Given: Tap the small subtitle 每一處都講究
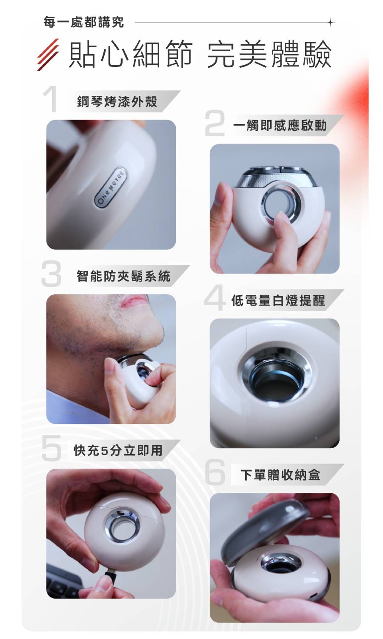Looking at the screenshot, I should (83, 22).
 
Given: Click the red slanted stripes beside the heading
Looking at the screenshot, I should (48, 55).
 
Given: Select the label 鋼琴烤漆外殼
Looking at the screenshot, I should (117, 101).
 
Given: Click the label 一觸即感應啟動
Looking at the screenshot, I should (280, 125).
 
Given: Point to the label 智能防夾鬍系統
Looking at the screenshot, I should (123, 276).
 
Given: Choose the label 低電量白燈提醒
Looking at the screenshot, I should (278, 300).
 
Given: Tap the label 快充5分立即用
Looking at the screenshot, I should (118, 450).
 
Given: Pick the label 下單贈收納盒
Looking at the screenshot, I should (280, 475).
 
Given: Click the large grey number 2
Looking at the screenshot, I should (214, 124).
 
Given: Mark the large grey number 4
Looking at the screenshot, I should (214, 298).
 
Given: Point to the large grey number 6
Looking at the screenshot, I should (215, 472).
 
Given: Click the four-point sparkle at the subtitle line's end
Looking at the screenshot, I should (331, 22).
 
